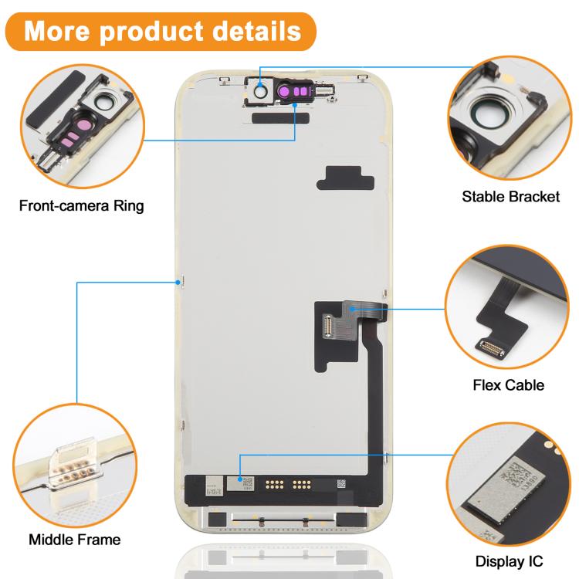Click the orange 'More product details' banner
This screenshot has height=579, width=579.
[161, 32]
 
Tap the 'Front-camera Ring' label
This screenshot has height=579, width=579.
[81, 205]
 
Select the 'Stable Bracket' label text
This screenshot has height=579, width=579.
[511, 196]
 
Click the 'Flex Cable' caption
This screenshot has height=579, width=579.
[509, 385]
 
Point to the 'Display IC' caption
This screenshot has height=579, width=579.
[509, 561]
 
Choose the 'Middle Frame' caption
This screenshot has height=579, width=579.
[75, 540]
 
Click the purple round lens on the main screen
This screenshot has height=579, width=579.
[286, 91]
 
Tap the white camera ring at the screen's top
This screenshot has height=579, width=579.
[261, 92]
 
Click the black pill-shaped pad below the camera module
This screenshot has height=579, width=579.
[280, 118]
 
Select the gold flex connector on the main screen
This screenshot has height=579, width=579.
[327, 325]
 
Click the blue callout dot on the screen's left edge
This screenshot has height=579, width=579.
[178, 283]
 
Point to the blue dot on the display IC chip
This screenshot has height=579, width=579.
[240, 479]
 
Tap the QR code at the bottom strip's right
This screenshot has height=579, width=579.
[341, 483]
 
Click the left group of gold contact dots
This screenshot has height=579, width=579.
[274, 485]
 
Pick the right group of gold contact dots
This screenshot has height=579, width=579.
[302, 485]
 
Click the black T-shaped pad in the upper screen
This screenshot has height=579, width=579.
[345, 178]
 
